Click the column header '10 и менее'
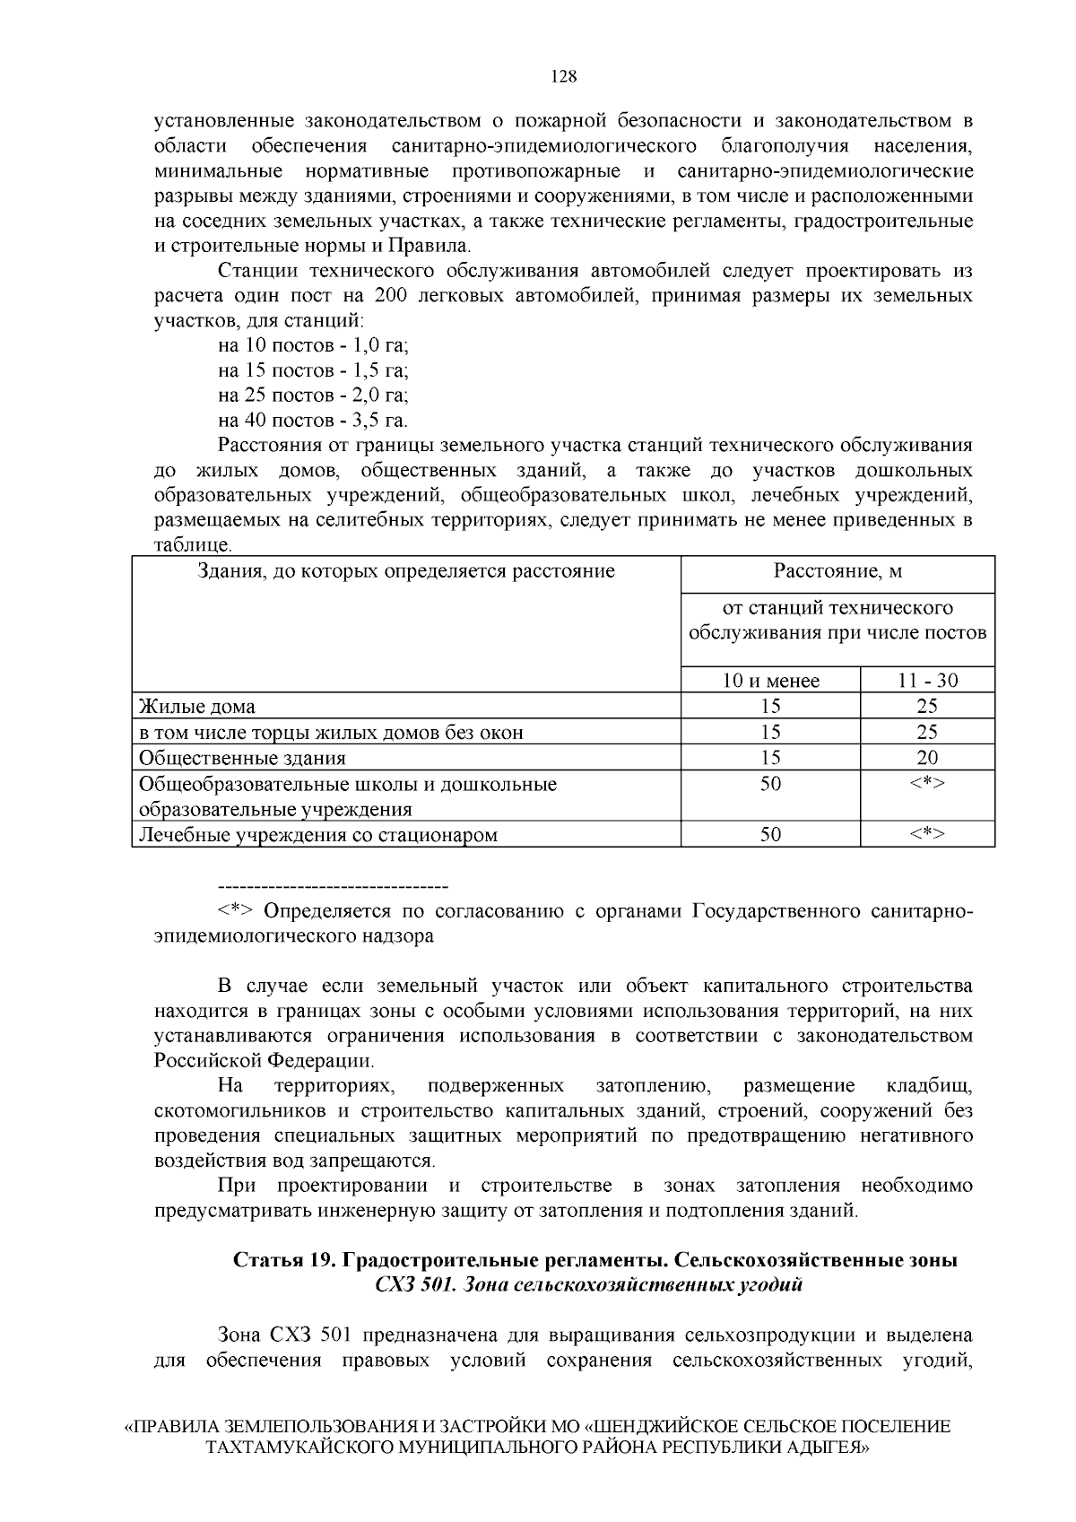coord(770,681)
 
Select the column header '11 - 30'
coord(927,681)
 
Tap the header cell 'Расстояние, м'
coord(837,571)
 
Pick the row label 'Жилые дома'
coord(197,707)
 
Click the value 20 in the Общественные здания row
coord(927,758)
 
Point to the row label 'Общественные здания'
coord(242,758)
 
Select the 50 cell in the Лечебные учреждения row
coord(770,835)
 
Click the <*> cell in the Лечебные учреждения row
coord(927,835)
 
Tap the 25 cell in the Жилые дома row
coord(927,707)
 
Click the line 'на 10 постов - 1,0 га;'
coord(313,345)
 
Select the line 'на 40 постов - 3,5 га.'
coord(313,420)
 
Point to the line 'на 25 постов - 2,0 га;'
coord(313,395)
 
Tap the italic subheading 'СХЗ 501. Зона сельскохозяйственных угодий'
coord(588,1285)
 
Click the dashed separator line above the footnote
coord(333,886)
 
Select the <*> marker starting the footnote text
coord(235,911)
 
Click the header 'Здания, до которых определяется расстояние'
coord(406,571)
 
